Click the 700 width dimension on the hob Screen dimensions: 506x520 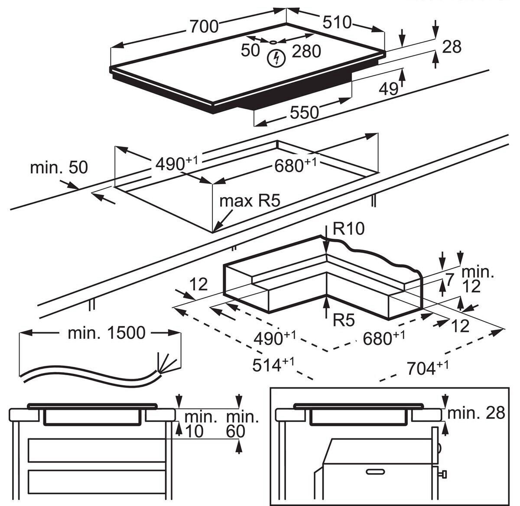[x=204, y=26]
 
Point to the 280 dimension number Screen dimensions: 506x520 [x=306, y=52]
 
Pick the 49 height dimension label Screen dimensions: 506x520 [x=389, y=88]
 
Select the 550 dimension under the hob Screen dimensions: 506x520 [x=304, y=112]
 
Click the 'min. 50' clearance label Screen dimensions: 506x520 [x=59, y=167]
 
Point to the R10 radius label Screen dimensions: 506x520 [x=349, y=228]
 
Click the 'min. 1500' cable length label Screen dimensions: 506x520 [x=107, y=333]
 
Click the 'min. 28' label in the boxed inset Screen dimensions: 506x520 [x=476, y=413]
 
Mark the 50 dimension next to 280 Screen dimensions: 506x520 [x=250, y=51]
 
